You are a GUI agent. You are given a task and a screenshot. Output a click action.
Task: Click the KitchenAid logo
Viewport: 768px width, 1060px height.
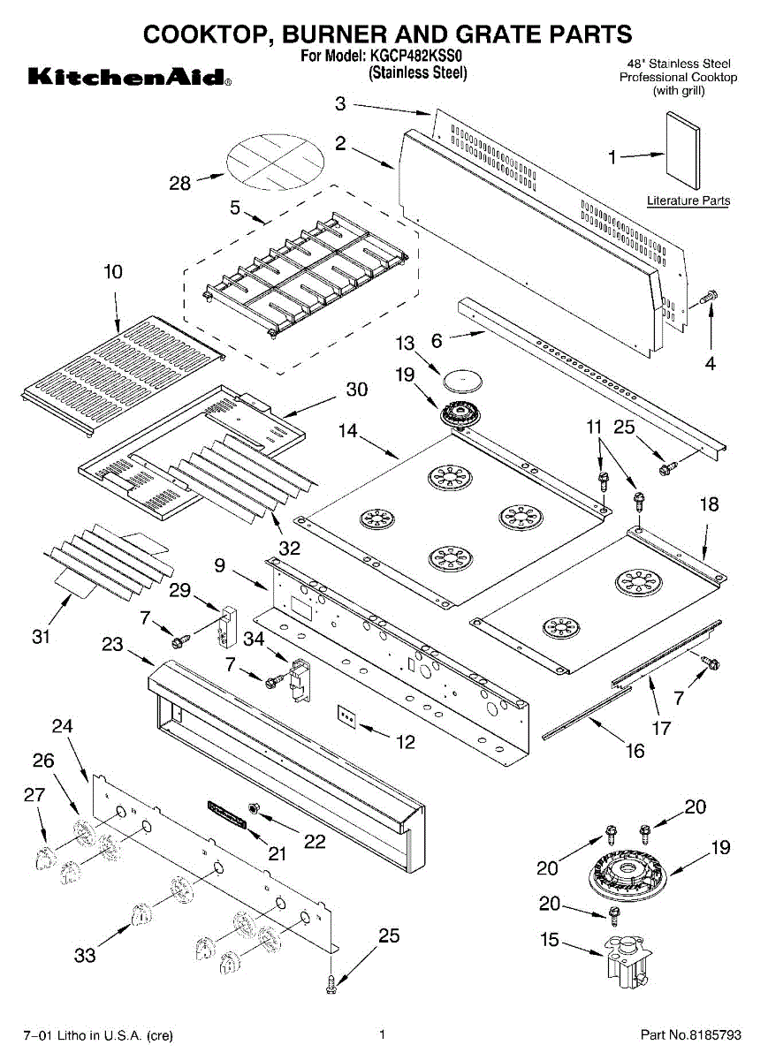click(130, 77)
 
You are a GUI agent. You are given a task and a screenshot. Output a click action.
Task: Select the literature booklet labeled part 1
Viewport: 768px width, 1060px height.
click(683, 150)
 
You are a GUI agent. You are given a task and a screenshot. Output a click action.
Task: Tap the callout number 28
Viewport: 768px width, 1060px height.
click(180, 183)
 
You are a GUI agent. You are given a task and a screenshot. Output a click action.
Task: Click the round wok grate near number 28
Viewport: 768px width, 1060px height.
click(276, 163)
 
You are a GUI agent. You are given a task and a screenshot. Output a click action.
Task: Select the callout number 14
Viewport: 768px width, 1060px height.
click(348, 431)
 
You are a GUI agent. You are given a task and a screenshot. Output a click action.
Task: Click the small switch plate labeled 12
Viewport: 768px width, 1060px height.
click(346, 716)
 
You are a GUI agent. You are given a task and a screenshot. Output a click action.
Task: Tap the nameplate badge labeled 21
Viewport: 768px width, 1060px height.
click(226, 814)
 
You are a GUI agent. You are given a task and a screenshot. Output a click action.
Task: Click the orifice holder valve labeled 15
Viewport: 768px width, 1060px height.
click(626, 959)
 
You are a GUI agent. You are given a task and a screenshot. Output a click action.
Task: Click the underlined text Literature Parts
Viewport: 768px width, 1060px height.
click(688, 201)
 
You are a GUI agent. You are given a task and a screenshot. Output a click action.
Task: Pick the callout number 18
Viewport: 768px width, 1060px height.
click(709, 504)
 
